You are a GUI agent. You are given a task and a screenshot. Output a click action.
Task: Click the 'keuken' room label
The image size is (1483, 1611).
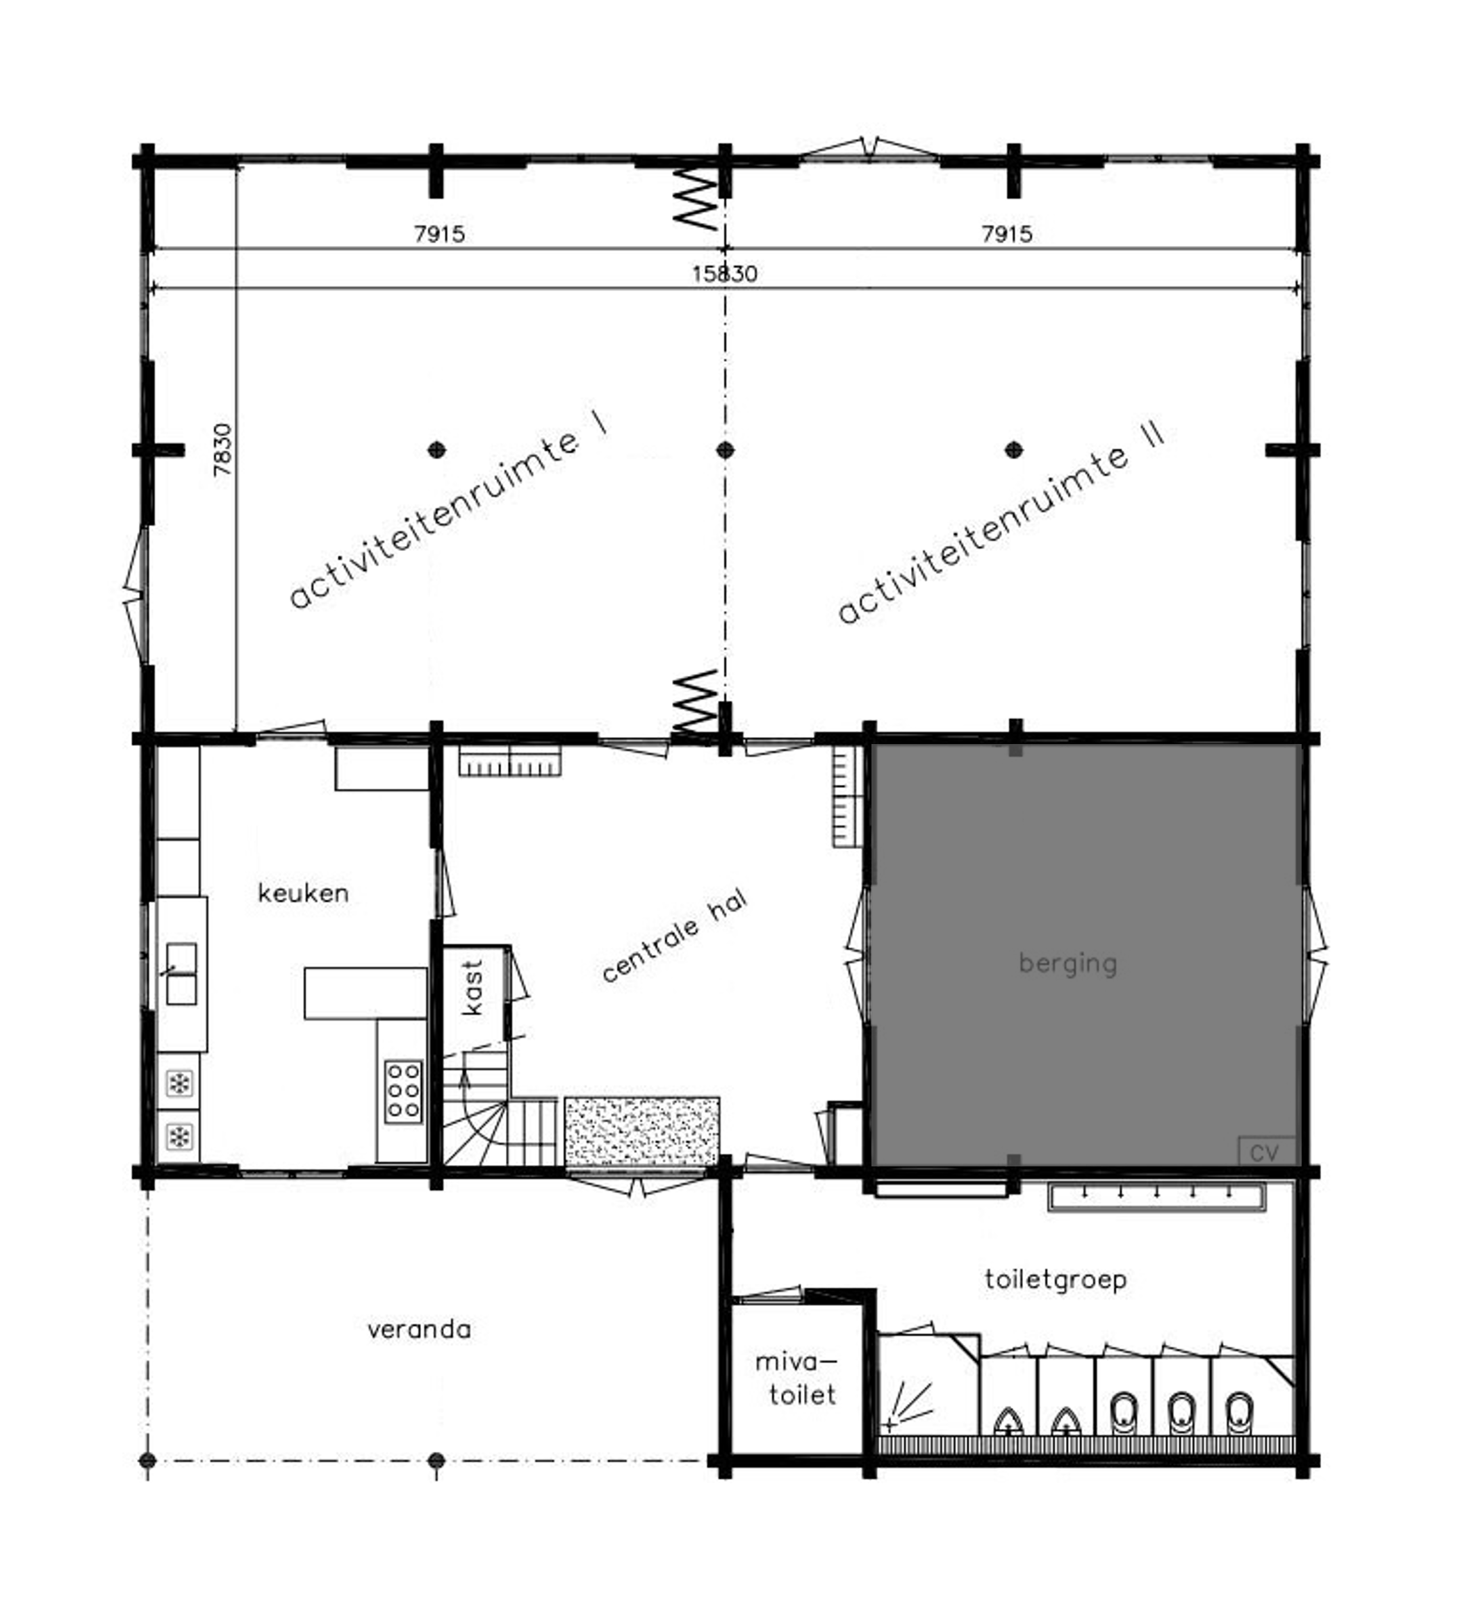(303, 894)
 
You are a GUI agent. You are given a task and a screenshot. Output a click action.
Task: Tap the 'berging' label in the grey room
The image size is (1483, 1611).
(1068, 964)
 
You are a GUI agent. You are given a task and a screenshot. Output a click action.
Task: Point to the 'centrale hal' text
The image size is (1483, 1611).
(675, 936)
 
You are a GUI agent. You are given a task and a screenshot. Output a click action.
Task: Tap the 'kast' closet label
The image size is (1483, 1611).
(473, 988)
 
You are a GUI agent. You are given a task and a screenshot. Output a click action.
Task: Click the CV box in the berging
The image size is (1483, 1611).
(1265, 1153)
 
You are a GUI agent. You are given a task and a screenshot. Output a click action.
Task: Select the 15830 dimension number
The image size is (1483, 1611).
(725, 274)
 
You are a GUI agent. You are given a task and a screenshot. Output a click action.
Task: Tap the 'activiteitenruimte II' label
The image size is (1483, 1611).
(1000, 522)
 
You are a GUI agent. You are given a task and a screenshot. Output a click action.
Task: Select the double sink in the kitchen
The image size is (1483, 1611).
(181, 974)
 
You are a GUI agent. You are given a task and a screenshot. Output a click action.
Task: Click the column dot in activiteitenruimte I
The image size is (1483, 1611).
(436, 449)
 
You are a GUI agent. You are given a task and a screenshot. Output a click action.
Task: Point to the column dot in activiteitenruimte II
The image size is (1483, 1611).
(1015, 449)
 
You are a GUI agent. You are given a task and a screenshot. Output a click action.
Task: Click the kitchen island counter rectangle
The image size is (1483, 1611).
(365, 993)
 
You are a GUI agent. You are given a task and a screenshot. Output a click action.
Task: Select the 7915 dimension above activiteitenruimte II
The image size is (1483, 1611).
(1007, 234)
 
